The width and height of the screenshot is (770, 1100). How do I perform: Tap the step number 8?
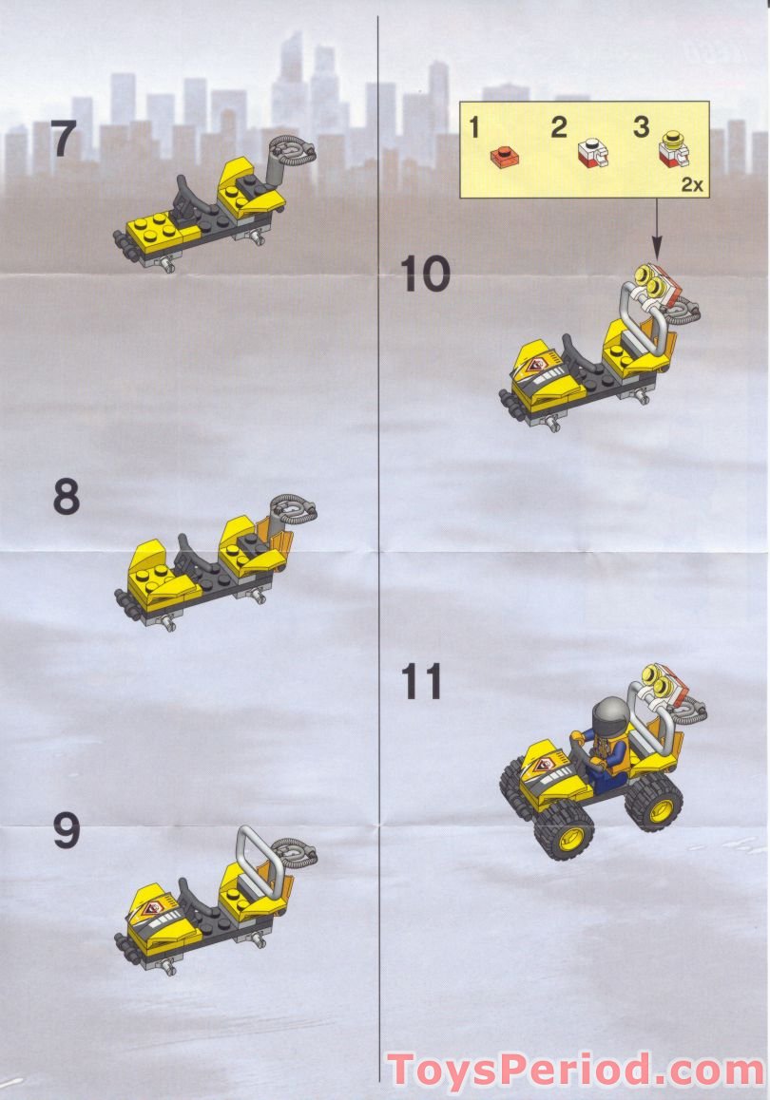click(65, 497)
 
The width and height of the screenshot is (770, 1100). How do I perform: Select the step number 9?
click(65, 832)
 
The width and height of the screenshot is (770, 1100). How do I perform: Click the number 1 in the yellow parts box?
click(476, 127)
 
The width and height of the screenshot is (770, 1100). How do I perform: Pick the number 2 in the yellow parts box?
click(559, 127)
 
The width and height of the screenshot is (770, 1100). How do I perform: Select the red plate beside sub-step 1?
click(501, 155)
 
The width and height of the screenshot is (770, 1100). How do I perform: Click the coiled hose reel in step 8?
click(296, 509)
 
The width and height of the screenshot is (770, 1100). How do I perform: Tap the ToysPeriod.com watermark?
click(575, 1070)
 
